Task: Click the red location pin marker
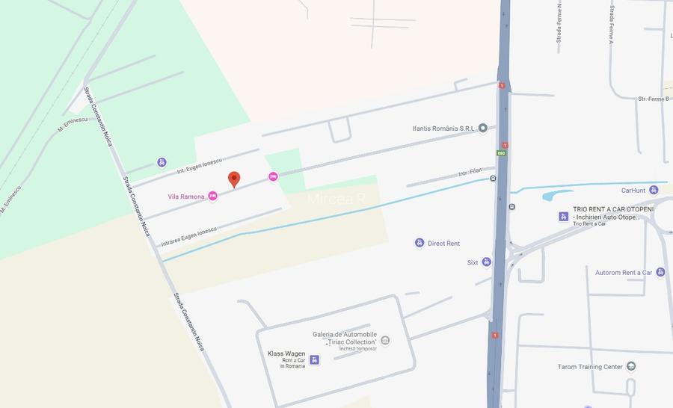pyautogui.click(x=234, y=179)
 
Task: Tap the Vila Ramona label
pyautogui.click(x=186, y=197)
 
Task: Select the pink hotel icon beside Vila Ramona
pyautogui.click(x=213, y=196)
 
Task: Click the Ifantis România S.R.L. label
pyautogui.click(x=444, y=128)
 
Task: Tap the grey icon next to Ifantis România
pyautogui.click(x=483, y=128)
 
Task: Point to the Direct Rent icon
pyautogui.click(x=420, y=243)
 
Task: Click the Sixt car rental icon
pyautogui.click(x=487, y=262)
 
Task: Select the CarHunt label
pyautogui.click(x=633, y=190)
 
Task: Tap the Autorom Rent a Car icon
pyautogui.click(x=660, y=272)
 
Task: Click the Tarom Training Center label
pyautogui.click(x=590, y=367)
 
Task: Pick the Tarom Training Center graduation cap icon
pyautogui.click(x=631, y=366)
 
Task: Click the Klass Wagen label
pyautogui.click(x=286, y=353)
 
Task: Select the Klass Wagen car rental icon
pyautogui.click(x=314, y=359)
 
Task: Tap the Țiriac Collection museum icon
pyautogui.click(x=385, y=341)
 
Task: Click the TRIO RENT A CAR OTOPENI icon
pyautogui.click(x=563, y=217)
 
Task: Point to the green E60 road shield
pyautogui.click(x=500, y=154)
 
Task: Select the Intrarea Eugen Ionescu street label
pyautogui.click(x=188, y=236)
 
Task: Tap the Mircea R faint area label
pyautogui.click(x=336, y=200)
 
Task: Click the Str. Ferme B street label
pyautogui.click(x=654, y=99)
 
